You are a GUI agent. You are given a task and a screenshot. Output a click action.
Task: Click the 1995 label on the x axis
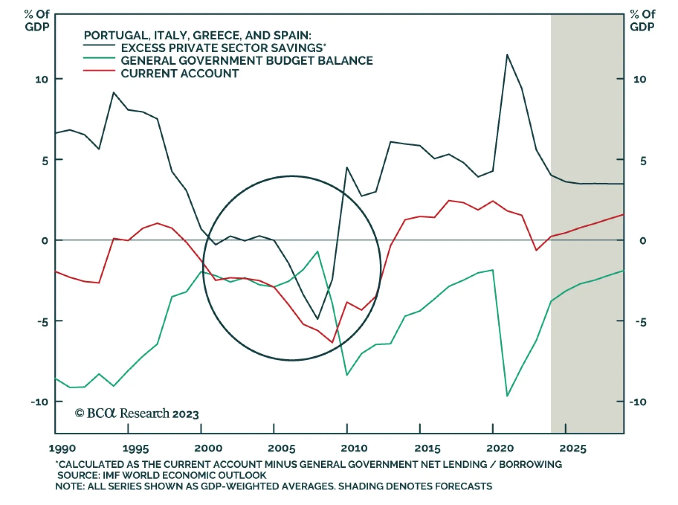(136, 448)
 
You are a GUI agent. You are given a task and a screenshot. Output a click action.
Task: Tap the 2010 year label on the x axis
(354, 448)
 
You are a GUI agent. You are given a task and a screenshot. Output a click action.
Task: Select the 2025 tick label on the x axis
(573, 448)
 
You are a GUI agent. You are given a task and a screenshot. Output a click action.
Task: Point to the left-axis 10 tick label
(42, 79)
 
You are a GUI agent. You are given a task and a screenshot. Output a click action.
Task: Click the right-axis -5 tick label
(641, 322)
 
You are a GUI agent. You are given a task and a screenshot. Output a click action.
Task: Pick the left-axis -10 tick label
(39, 402)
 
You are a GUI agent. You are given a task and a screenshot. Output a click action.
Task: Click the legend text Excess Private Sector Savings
(223, 48)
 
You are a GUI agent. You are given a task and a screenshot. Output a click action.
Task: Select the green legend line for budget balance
(99, 58)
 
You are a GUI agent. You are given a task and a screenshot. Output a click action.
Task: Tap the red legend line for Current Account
(99, 70)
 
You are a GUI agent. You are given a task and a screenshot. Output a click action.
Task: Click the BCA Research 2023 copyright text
(136, 413)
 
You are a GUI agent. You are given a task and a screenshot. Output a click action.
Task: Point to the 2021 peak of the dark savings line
(507, 55)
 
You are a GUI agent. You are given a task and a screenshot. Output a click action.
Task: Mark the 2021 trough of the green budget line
(507, 396)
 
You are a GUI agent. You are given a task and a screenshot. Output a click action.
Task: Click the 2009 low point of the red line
(332, 342)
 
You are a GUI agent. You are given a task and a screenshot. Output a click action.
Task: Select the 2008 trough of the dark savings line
(317, 319)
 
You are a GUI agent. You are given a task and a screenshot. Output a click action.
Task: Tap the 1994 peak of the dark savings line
(114, 92)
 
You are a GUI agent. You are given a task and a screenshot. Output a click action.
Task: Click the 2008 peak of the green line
(317, 251)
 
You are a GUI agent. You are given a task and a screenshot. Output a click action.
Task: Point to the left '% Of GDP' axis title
(37, 20)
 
